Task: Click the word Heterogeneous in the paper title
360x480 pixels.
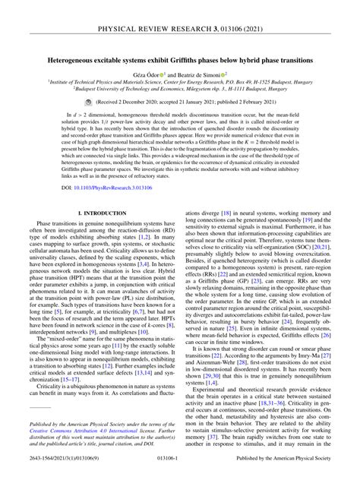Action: (x=74, y=58)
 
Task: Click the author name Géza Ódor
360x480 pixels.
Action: (x=154, y=74)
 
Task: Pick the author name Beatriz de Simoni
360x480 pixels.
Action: (x=204, y=74)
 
